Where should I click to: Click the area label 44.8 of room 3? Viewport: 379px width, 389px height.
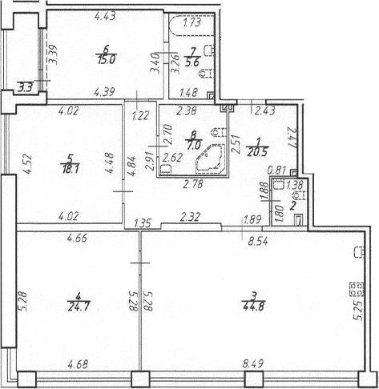point(254,307)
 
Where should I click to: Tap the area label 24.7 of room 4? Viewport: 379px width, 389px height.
point(79,307)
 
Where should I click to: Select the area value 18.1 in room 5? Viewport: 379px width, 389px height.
point(71,170)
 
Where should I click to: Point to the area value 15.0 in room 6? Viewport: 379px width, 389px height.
point(106,60)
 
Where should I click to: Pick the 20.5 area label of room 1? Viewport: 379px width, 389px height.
point(258,153)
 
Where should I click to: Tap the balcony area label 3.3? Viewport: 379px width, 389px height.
point(26,88)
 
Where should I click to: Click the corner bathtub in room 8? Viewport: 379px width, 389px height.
point(210,159)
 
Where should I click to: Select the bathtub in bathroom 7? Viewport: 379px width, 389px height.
point(192,26)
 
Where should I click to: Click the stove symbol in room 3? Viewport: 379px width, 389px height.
point(357,289)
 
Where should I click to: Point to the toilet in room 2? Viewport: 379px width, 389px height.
point(300,196)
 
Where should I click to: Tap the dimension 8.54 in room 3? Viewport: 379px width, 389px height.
point(258,242)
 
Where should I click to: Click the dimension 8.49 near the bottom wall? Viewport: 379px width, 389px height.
point(253,363)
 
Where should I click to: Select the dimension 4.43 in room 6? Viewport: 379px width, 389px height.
point(105,16)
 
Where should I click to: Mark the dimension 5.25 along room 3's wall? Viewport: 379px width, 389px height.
point(357,311)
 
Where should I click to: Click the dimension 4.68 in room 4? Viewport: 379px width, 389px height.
point(78,364)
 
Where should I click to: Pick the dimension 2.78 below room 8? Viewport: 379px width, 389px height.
point(193,184)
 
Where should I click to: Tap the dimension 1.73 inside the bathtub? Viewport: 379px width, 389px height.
point(192,22)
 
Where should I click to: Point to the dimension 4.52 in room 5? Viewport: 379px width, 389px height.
point(28,164)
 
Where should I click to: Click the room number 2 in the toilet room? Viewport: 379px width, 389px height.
point(292,207)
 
